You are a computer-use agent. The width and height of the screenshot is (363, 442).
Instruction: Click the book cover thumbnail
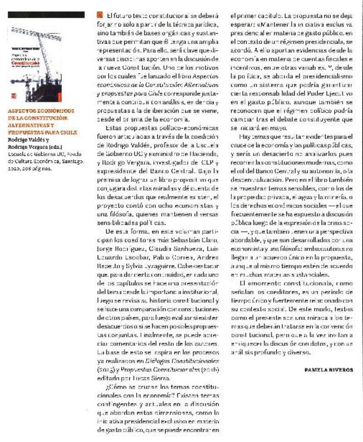pos(45,62)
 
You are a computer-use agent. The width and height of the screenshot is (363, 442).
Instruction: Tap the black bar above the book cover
pos(45,15)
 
